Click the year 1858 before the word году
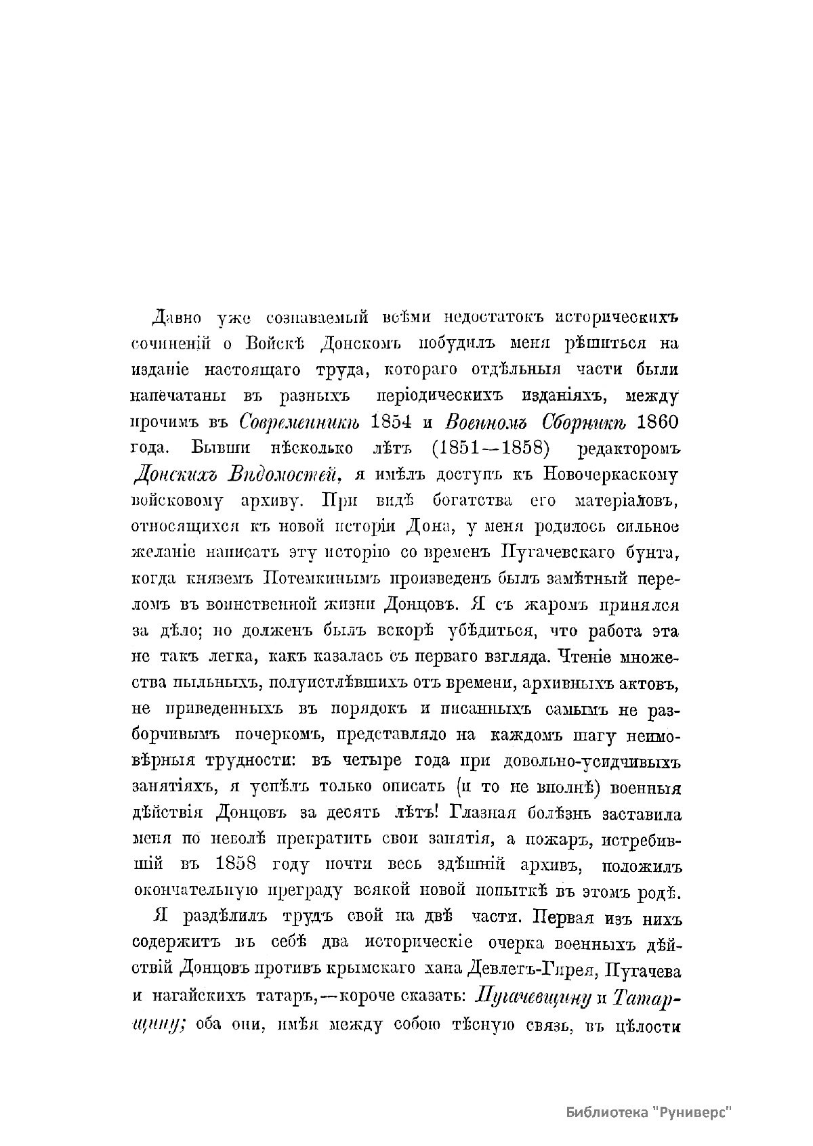[238, 866]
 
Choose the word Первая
[564, 919]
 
